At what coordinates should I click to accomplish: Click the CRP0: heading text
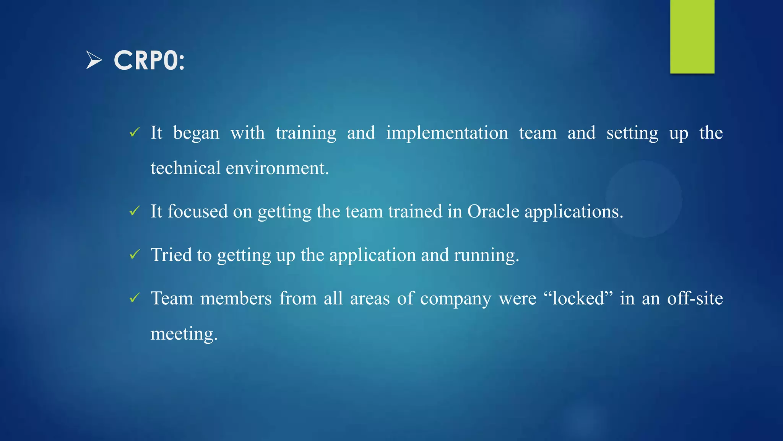(149, 60)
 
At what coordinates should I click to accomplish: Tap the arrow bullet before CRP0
(94, 60)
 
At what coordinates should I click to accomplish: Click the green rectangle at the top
(692, 36)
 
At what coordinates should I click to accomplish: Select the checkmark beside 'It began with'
(135, 132)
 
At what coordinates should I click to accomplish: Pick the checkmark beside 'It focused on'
(135, 211)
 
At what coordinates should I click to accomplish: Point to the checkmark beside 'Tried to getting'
(135, 255)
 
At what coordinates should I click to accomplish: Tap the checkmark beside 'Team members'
(135, 298)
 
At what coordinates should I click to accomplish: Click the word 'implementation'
(447, 133)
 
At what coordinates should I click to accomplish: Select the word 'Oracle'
(493, 211)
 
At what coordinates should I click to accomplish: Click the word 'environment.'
(277, 168)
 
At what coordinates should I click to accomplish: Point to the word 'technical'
(185, 168)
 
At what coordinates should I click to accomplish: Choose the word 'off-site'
(695, 298)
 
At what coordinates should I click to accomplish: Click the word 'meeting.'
(184, 334)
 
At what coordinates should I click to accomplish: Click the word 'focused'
(198, 211)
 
